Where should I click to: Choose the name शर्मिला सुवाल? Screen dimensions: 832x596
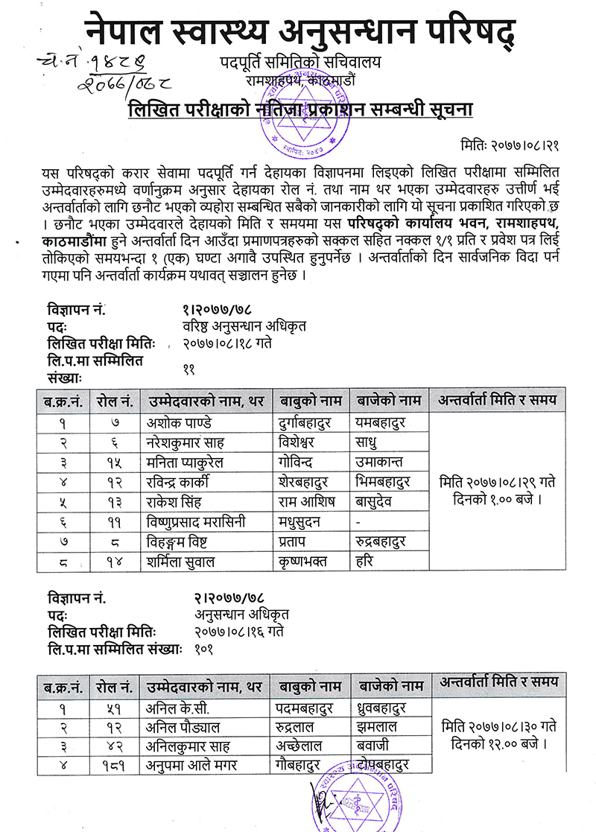181,562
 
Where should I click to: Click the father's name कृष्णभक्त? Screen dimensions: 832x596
302,562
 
